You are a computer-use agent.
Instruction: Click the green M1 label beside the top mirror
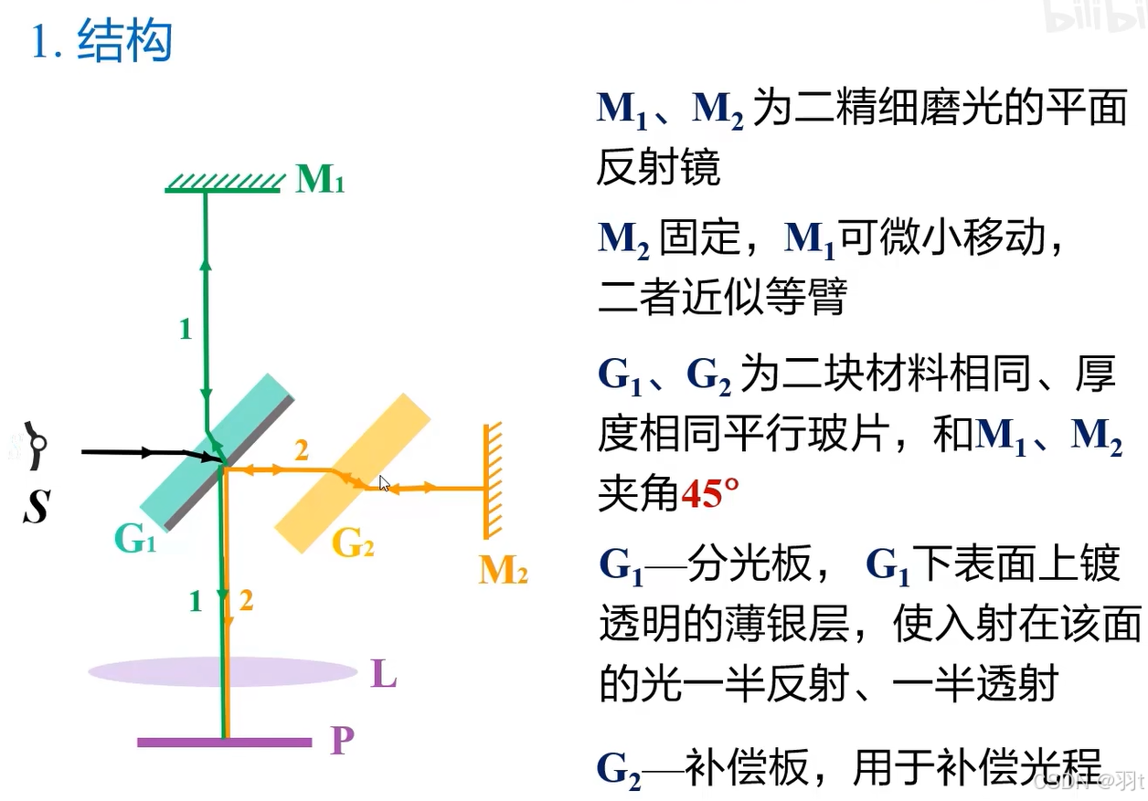[x=320, y=181]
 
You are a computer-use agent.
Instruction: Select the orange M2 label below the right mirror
[x=503, y=571]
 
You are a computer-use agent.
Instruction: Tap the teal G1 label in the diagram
[x=135, y=540]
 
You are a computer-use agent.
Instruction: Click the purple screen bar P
[x=224, y=742]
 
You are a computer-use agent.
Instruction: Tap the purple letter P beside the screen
[x=342, y=740]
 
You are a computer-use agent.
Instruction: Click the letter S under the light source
[x=36, y=504]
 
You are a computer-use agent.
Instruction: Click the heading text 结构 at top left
[x=125, y=42]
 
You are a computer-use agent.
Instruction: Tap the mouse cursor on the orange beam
[x=385, y=484]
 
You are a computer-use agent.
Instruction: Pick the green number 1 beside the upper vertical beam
[x=186, y=329]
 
